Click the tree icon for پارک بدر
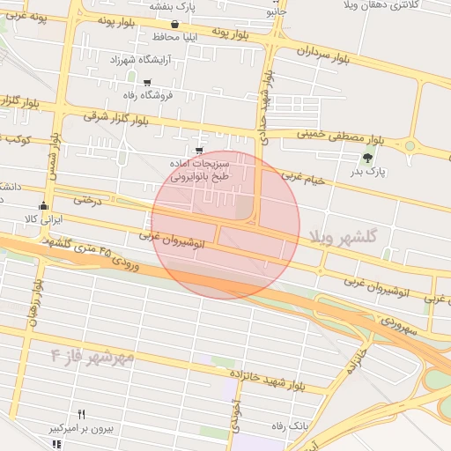click(366, 158)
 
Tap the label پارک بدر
click(369, 174)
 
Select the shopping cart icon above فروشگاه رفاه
click(146, 83)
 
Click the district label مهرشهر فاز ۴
click(92, 356)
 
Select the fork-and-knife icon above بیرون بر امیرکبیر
click(82, 414)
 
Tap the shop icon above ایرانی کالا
click(42, 206)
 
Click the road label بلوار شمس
click(55, 158)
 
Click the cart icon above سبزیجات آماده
click(200, 152)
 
